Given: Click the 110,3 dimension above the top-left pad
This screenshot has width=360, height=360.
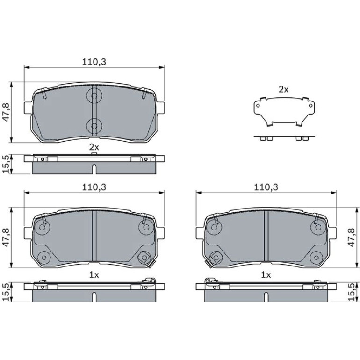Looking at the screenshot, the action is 94,62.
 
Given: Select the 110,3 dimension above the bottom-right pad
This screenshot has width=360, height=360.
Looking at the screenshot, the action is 266,187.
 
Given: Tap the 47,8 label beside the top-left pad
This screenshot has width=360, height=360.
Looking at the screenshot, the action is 6,112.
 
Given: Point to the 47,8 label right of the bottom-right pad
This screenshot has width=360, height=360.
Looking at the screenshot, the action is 351,238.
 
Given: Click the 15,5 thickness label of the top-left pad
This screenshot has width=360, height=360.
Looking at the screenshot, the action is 6,164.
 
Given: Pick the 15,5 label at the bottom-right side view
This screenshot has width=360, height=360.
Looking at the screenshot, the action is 351,292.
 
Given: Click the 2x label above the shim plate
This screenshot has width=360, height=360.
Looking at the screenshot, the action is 283,90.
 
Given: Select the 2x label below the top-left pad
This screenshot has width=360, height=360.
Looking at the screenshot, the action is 94,147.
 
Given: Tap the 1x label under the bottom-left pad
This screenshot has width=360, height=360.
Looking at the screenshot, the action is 94,275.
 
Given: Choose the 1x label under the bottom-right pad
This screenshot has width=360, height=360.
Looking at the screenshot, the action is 266,275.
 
